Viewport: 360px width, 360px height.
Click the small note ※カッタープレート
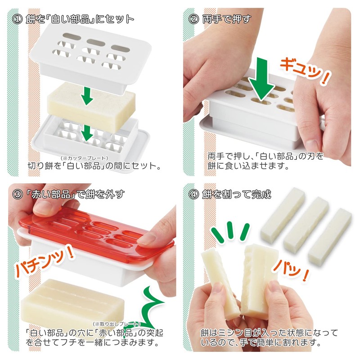pos(85,157)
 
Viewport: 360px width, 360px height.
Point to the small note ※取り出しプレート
pos(117,324)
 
